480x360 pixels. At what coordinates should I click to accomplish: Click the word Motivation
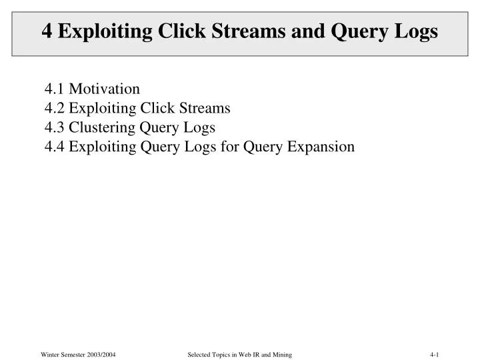click(x=105, y=89)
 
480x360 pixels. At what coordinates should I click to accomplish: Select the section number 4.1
click(x=55, y=89)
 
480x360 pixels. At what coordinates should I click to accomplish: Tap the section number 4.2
click(x=55, y=108)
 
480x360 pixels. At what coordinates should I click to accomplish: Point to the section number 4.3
click(x=55, y=127)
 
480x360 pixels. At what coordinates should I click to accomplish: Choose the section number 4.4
click(x=55, y=147)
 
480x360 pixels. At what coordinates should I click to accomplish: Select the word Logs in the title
click(x=416, y=31)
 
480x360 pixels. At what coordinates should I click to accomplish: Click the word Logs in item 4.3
click(x=201, y=127)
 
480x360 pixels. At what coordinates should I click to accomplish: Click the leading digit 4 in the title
click(x=47, y=31)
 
